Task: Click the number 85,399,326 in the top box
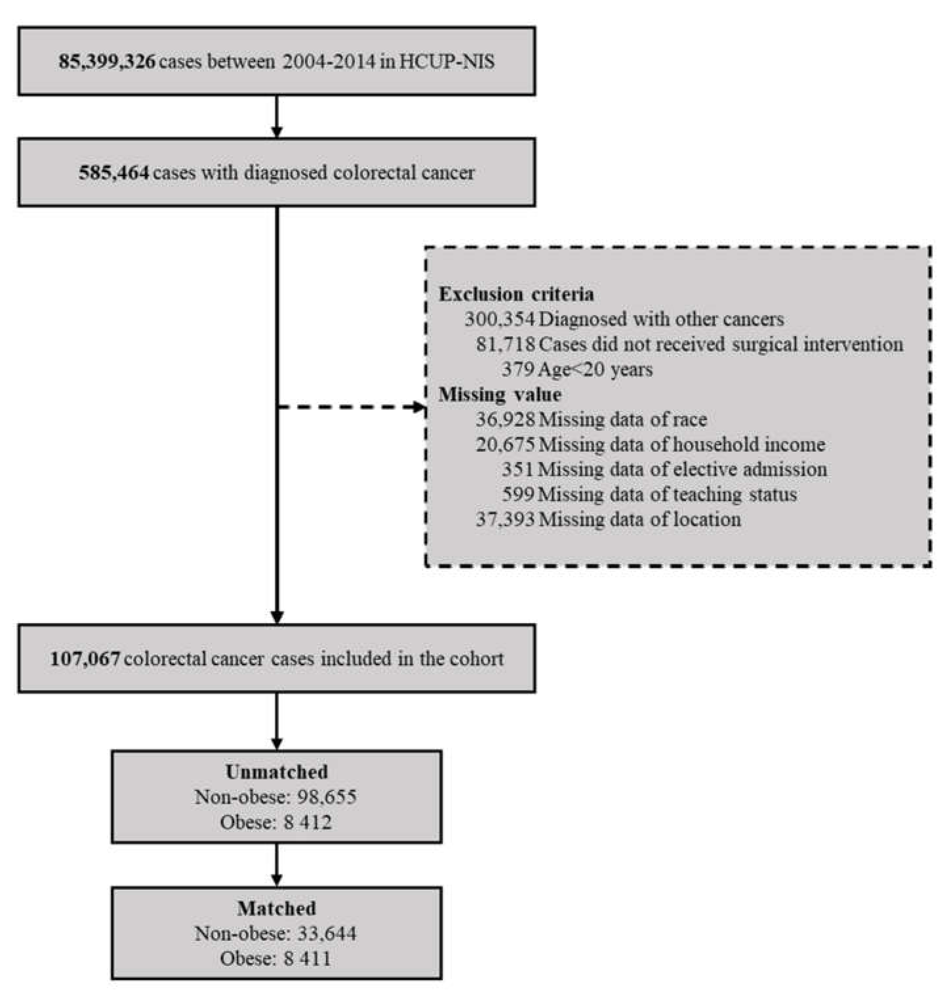point(106,62)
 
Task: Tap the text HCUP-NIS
point(447,62)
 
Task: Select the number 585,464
point(114,173)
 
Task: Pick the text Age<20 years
point(595,369)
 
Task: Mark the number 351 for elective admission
point(518,469)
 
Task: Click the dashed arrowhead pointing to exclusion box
point(418,407)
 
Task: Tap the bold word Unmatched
point(277,772)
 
